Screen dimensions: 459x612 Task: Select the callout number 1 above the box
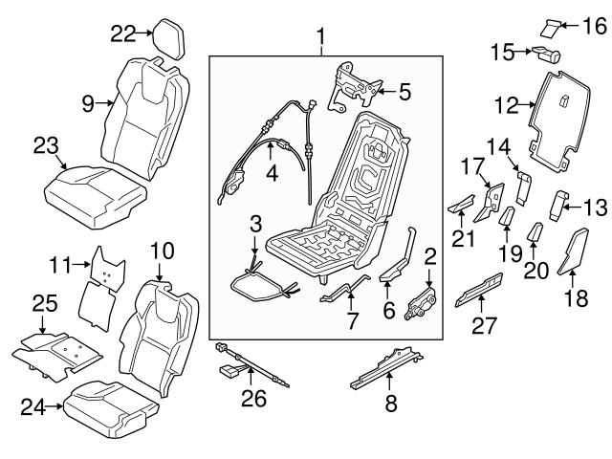click(x=321, y=38)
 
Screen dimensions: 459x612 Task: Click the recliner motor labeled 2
click(x=422, y=304)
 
